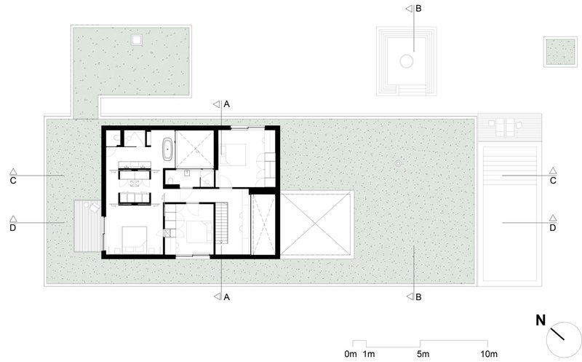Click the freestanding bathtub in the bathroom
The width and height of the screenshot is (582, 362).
167,149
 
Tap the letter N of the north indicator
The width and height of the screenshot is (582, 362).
541,320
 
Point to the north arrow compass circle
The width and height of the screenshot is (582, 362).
564,339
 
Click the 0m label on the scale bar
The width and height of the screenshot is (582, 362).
351,354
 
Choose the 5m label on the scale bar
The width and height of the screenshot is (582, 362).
423,354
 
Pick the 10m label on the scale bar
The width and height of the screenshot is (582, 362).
489,354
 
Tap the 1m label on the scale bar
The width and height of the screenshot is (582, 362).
369,354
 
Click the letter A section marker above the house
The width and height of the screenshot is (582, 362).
226,104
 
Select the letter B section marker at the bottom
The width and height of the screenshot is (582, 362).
418,297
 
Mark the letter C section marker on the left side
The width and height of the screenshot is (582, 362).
13,181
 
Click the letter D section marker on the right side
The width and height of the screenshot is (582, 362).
553,228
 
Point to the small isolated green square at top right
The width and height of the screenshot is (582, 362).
560,52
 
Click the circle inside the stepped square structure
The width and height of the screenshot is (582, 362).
407,61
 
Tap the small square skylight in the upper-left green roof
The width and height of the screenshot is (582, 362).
137,39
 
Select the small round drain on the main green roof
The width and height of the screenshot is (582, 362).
398,163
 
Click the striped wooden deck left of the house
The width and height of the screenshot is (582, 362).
88,226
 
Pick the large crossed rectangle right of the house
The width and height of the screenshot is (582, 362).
315,224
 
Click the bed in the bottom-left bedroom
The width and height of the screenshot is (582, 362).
135,238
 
